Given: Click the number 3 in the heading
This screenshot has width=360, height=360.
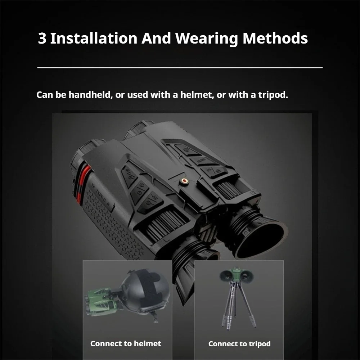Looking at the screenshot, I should click(x=42, y=39).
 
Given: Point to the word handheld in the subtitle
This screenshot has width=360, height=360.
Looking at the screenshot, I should click(x=90, y=95).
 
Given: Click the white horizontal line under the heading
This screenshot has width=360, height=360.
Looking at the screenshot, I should click(x=180, y=67).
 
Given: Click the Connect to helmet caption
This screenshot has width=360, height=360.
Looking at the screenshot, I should click(x=126, y=343).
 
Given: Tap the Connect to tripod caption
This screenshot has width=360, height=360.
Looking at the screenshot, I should click(x=239, y=344).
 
